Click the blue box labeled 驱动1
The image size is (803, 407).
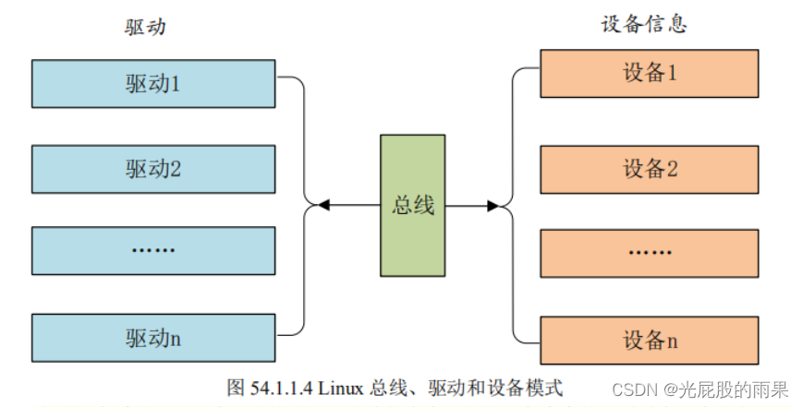[x=153, y=84]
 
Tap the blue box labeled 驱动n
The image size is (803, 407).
[x=153, y=337]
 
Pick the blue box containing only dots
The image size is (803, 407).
[x=153, y=250]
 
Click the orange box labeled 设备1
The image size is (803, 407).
[x=650, y=74]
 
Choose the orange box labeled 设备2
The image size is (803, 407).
[x=650, y=169]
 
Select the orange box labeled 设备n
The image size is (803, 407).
[x=650, y=341]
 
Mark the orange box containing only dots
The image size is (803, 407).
[x=650, y=252]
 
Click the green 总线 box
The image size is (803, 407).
[x=413, y=205]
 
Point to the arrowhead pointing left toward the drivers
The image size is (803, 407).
[x=322, y=205]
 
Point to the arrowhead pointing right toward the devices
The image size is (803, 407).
[x=493, y=206]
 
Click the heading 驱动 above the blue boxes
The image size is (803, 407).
[x=145, y=27]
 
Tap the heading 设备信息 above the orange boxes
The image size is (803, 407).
[x=644, y=24]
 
